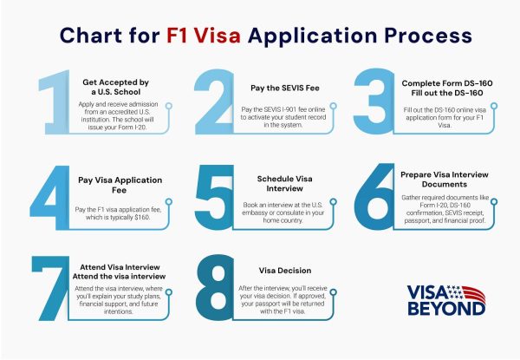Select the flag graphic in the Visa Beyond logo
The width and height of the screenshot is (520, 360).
point(467,292)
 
